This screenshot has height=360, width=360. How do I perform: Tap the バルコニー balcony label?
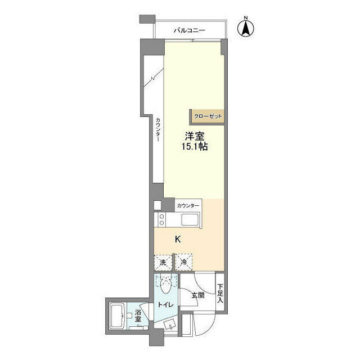(x=189, y=30)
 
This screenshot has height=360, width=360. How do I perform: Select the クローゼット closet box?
(x=208, y=116)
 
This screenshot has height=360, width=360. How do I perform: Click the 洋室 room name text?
(x=195, y=136)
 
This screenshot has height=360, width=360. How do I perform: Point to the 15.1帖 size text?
(x=195, y=147)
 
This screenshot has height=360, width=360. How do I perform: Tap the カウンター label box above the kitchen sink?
(x=187, y=206)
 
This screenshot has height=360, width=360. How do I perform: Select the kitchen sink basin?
(x=188, y=220)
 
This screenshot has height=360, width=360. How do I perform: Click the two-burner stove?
(x=161, y=220)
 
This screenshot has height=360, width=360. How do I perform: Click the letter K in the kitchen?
(x=178, y=240)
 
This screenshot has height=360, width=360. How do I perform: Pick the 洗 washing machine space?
(x=163, y=262)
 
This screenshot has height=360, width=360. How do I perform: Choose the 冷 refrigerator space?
(x=183, y=262)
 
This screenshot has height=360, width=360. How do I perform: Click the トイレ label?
(x=164, y=304)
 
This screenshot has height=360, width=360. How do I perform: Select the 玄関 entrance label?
(x=197, y=295)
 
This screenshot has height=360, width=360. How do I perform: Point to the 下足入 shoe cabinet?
(x=220, y=292)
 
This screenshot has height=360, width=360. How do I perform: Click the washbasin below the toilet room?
(x=169, y=323)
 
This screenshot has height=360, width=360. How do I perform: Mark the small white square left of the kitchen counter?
(x=158, y=205)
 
